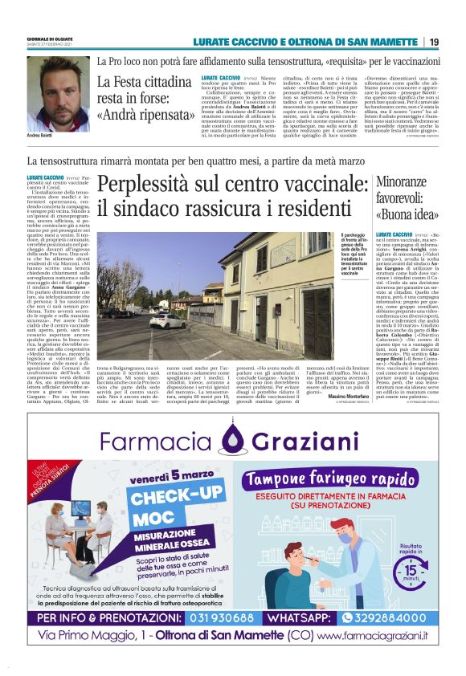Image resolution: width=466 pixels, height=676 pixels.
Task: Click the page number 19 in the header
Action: [434, 42]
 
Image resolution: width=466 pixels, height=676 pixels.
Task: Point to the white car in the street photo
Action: [169, 321]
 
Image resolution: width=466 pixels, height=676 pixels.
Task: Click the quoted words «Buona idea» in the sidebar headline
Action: [407, 214]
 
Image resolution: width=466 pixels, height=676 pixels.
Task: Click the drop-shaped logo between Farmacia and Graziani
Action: [232, 438]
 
